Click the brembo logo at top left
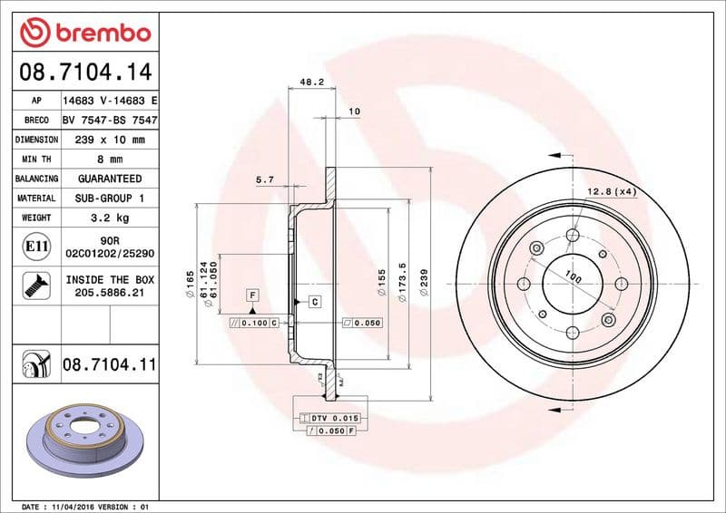point(84,33)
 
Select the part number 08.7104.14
point(84,71)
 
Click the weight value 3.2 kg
point(110,218)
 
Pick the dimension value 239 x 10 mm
point(110,140)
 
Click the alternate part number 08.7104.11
point(110,364)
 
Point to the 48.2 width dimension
point(311,82)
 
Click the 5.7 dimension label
point(265,180)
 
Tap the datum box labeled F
point(252,295)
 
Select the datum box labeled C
point(314,301)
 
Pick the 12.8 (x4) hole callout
point(613,191)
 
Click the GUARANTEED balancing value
point(110,179)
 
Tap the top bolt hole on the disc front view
point(573,237)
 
